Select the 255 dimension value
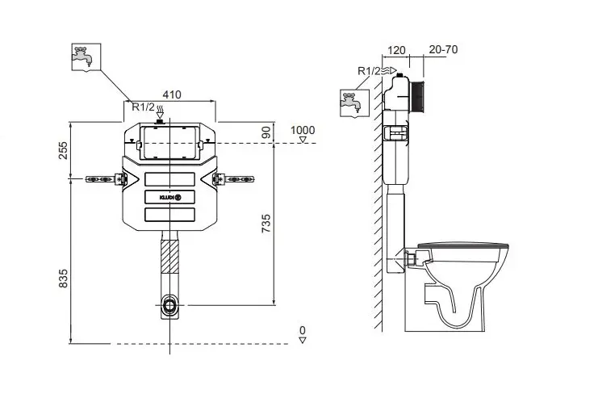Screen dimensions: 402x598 point(63,149)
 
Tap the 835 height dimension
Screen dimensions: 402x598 point(63,278)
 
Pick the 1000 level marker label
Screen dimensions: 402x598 point(303,130)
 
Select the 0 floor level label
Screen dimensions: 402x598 point(303,330)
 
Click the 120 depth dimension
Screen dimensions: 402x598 point(395,49)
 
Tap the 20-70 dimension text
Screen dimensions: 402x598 point(443,49)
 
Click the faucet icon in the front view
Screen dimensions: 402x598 point(86,57)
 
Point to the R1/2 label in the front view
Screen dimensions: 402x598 point(144,106)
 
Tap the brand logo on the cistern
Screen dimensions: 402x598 point(170,196)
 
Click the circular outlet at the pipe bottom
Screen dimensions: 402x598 point(170,305)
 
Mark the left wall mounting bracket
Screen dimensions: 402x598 point(102,178)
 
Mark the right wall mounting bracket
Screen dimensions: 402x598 point(237,178)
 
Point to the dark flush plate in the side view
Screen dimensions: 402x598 point(417,94)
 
